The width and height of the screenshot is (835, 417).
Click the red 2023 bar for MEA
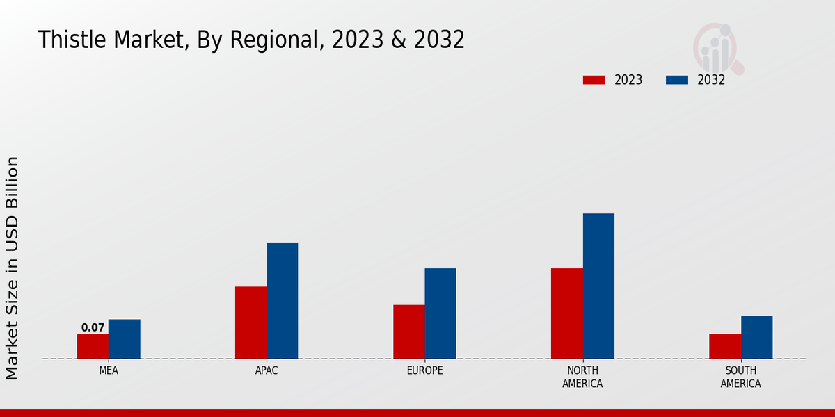click(93, 346)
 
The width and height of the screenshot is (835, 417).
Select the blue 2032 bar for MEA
click(124, 339)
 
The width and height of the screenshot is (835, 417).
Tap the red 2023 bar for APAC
click(250, 322)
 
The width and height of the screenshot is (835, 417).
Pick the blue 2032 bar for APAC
click(282, 300)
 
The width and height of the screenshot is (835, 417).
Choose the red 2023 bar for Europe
click(408, 332)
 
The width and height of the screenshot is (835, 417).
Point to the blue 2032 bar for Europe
click(440, 313)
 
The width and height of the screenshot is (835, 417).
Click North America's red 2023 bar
click(566, 313)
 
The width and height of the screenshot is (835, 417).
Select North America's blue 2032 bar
click(598, 286)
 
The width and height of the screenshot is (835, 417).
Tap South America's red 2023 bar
click(725, 346)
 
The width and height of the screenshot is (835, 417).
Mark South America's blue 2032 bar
click(756, 337)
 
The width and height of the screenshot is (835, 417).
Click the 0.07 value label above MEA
click(93, 327)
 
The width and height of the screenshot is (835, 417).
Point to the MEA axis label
click(109, 370)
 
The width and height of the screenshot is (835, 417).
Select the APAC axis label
click(267, 370)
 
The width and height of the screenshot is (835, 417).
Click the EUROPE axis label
click(424, 370)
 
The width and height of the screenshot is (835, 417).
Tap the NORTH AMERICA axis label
click(582, 377)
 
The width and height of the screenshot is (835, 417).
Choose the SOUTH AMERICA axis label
click(740, 377)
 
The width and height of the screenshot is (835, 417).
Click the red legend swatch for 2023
click(594, 80)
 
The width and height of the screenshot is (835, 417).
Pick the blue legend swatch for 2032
click(676, 80)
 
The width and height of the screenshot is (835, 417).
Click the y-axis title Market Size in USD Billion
click(13, 268)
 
